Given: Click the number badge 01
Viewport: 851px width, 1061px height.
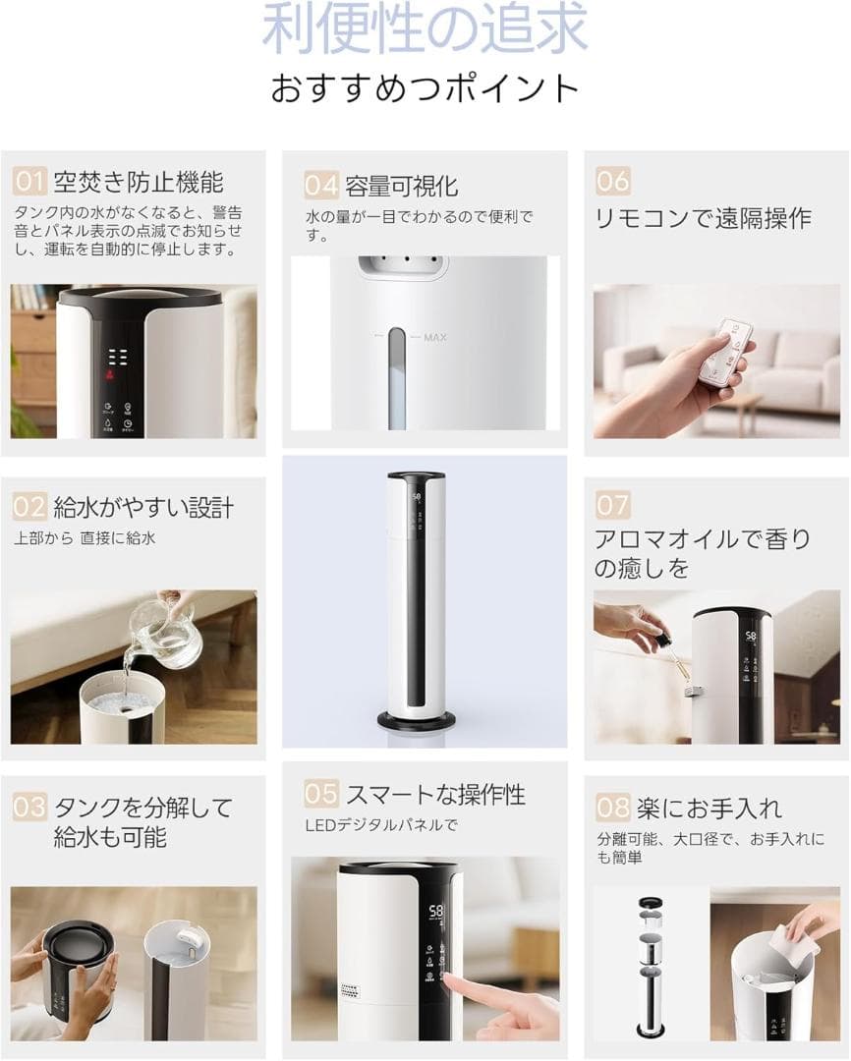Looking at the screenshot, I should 29,182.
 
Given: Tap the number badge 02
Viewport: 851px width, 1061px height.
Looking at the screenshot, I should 29,507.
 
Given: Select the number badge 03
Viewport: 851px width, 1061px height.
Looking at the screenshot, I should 29,808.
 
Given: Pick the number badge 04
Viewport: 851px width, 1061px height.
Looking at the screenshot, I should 320,185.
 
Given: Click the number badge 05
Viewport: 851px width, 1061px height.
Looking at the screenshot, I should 320,794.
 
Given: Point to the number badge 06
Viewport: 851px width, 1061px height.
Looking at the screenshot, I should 613,181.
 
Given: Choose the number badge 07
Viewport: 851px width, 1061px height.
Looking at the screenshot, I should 612,505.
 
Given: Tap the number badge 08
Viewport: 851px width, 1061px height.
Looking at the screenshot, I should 612,809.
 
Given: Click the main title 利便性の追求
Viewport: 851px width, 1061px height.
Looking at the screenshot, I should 425,29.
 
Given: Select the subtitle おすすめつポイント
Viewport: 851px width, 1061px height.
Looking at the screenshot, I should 425,87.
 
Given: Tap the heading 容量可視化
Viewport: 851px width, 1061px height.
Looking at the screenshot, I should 401,185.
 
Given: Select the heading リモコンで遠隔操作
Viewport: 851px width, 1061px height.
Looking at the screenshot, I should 704,218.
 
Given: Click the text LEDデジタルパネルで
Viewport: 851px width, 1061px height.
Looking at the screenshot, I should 380,825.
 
